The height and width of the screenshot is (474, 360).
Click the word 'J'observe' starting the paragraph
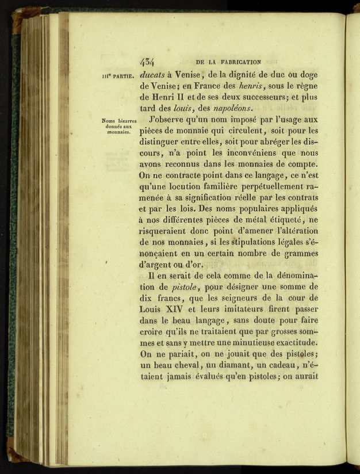(x=167, y=120)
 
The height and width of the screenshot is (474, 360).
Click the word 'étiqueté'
(x=282, y=220)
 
